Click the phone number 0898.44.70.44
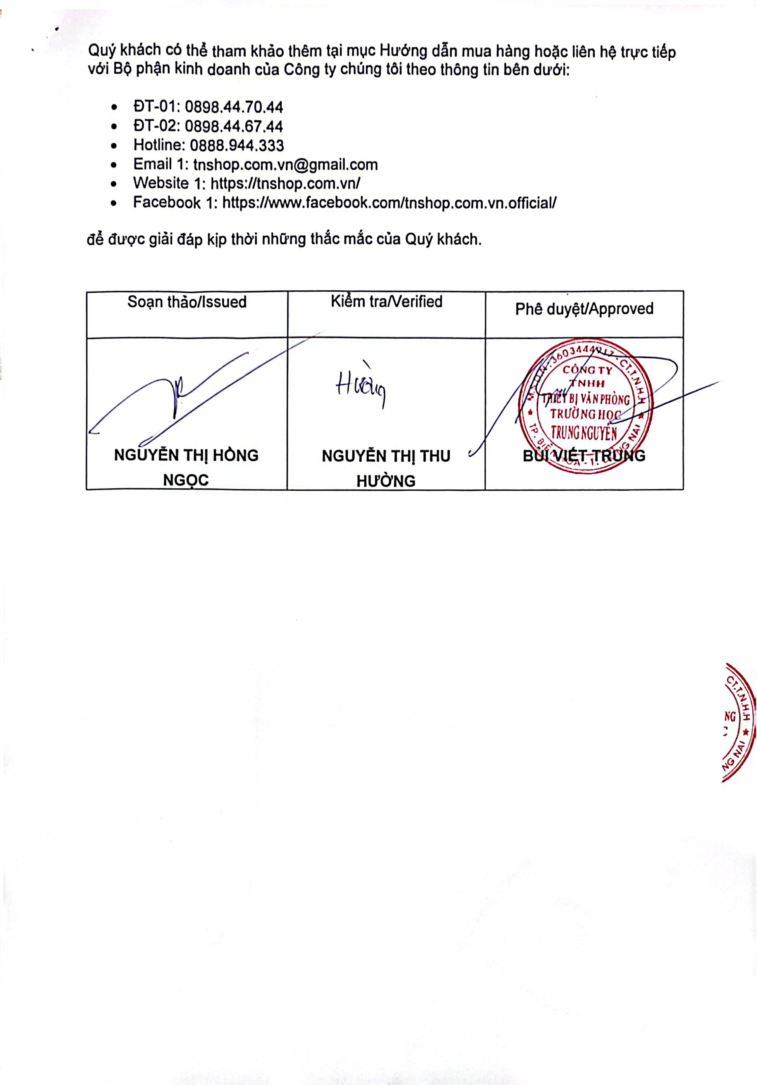[x=234, y=107]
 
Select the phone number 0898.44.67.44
[x=234, y=126]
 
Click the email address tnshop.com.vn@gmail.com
[x=285, y=164]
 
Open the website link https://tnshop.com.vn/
[x=285, y=183]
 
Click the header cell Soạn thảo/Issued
[x=187, y=302]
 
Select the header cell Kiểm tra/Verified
[x=386, y=302]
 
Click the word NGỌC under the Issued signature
[x=186, y=480]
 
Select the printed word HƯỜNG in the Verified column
[x=386, y=481]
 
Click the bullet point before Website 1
[x=114, y=184]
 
